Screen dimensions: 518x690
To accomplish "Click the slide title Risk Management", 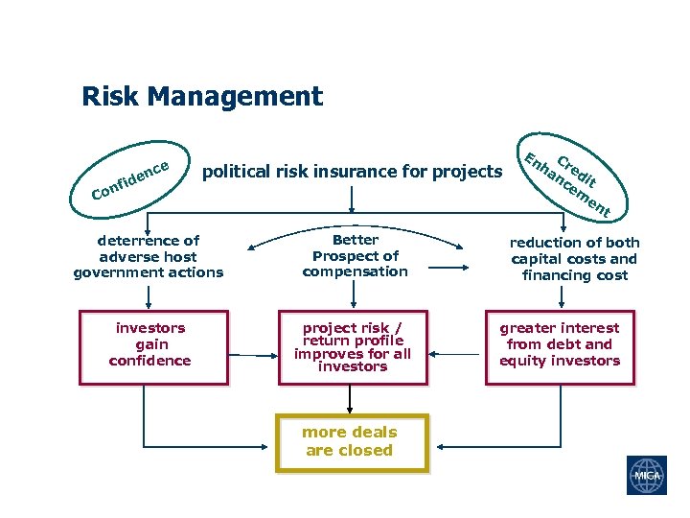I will (202, 97).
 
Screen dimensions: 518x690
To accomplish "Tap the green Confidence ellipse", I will (130, 179).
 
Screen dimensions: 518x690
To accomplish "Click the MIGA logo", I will (646, 476).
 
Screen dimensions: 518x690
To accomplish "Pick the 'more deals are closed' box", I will (351, 441).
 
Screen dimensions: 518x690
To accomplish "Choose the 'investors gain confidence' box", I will (153, 346).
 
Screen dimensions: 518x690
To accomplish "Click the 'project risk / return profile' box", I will (353, 346).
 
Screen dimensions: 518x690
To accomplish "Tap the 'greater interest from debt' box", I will (561, 346).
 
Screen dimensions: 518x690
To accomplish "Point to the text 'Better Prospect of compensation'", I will (355, 256).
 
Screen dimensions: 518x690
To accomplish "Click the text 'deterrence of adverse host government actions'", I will (149, 257).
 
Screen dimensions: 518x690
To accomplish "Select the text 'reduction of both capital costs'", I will (575, 259).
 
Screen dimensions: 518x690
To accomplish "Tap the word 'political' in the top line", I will (238, 172).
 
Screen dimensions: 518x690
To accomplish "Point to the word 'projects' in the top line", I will (467, 172).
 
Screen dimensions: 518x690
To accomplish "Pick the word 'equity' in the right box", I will (522, 361).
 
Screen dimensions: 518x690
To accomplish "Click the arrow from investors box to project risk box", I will (253, 355).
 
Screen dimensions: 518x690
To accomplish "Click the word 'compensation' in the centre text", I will (355, 271).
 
